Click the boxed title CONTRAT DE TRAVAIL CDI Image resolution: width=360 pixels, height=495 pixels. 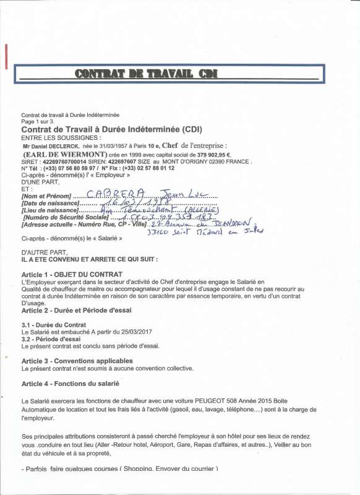pyautogui.click(x=144, y=74)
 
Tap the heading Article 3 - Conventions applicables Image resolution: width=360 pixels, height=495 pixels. pyautogui.click(x=77, y=361)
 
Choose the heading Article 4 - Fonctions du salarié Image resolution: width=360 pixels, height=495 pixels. pyautogui.click(x=71, y=384)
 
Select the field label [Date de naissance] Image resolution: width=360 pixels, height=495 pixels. pyautogui.click(x=50, y=203)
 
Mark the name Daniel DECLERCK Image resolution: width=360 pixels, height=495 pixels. pyautogui.click(x=59, y=145)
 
